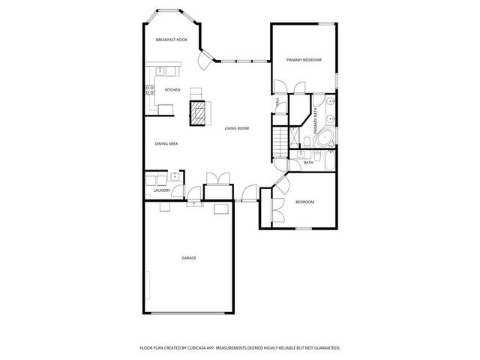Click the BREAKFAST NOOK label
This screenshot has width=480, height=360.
171,39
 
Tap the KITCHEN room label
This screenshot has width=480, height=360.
172,90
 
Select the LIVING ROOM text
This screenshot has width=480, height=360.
237,128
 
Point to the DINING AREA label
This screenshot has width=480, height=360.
166,143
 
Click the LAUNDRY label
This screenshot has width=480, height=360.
161,190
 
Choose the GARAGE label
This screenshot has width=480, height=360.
188,258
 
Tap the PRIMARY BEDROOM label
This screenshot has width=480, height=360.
304,59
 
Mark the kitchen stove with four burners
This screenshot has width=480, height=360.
148,91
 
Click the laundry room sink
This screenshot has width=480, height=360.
175,177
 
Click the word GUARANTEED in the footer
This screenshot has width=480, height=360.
327,348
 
